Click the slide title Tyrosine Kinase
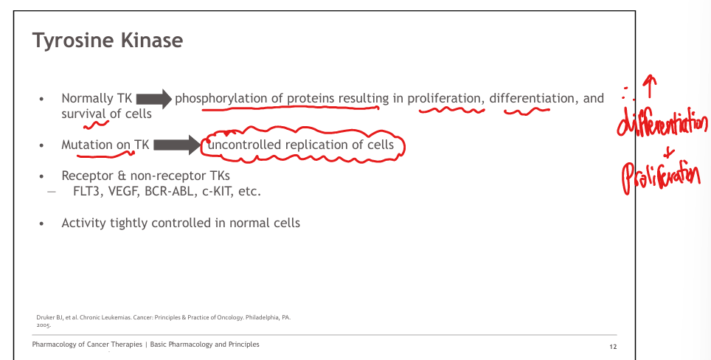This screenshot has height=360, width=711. click(108, 41)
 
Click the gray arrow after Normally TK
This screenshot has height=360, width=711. click(153, 98)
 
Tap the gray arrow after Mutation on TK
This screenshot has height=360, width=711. click(177, 145)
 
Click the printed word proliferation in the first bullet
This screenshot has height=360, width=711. click(445, 99)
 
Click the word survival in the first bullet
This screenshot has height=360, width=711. click(83, 114)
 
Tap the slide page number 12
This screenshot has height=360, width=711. click(613, 347)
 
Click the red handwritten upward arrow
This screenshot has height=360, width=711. click(650, 86)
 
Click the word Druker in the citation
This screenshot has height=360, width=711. click(44, 317)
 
